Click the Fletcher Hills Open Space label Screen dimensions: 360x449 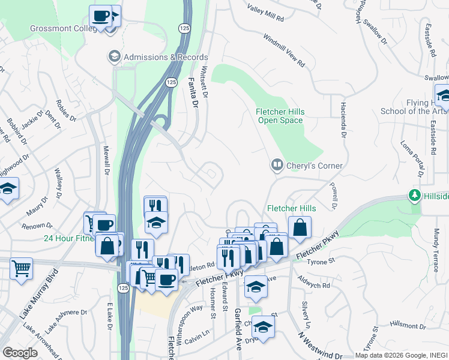[x=280, y=116]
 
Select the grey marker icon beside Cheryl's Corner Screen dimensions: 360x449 [x=277, y=164]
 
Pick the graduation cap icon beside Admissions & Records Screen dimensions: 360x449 [x=113, y=57]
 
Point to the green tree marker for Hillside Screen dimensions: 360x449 [x=414, y=196]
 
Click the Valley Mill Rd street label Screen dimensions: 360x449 [x=265, y=12]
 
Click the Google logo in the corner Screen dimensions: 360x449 [x=20, y=353]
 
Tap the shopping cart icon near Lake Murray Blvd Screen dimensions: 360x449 [x=21, y=268]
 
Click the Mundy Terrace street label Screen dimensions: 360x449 [x=436, y=243]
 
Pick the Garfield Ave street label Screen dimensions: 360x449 [x=238, y=329]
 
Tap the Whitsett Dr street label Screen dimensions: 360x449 [x=205, y=82]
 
